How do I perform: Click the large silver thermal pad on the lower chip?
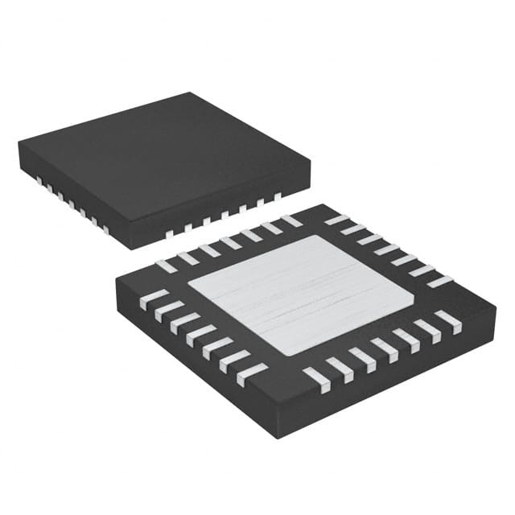click(302, 294)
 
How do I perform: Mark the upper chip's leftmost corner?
click(19, 144)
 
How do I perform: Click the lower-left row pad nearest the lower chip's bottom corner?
click(252, 374)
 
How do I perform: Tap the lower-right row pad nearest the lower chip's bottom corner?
click(317, 379)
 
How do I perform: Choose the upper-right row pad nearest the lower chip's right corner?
click(440, 281)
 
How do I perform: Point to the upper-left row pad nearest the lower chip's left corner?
click(167, 265)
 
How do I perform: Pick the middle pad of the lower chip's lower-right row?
click(382, 350)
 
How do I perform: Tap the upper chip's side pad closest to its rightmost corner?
click(278, 196)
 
